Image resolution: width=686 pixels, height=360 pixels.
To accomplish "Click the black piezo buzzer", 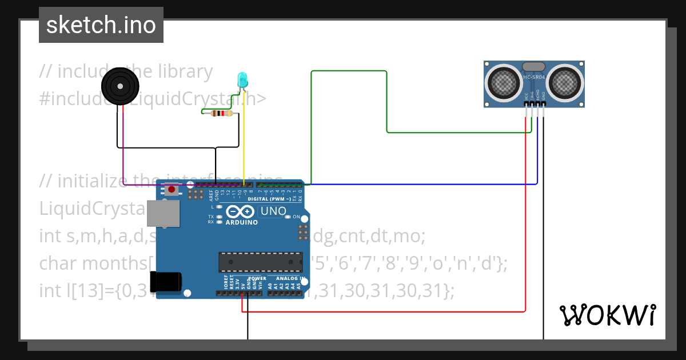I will click(121, 87).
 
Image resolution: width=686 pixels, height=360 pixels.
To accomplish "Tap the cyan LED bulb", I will click(242, 79).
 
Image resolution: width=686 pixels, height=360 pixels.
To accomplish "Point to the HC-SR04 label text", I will click(534, 77).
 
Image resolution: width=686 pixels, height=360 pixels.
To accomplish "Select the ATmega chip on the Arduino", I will click(260, 262).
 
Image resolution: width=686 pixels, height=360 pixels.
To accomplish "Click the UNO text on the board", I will click(273, 211).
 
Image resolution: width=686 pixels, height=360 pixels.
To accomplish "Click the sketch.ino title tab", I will click(101, 25).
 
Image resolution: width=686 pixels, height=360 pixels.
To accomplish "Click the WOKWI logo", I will click(607, 315).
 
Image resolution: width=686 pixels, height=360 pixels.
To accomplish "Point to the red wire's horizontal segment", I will click(383, 312).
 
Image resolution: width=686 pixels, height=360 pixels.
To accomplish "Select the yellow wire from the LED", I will click(245, 143).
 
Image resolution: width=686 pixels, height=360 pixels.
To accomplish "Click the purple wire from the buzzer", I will click(123, 143).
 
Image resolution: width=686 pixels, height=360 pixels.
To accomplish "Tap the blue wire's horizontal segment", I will click(423, 184).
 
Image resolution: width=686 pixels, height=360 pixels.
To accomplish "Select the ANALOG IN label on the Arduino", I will click(288, 279).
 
